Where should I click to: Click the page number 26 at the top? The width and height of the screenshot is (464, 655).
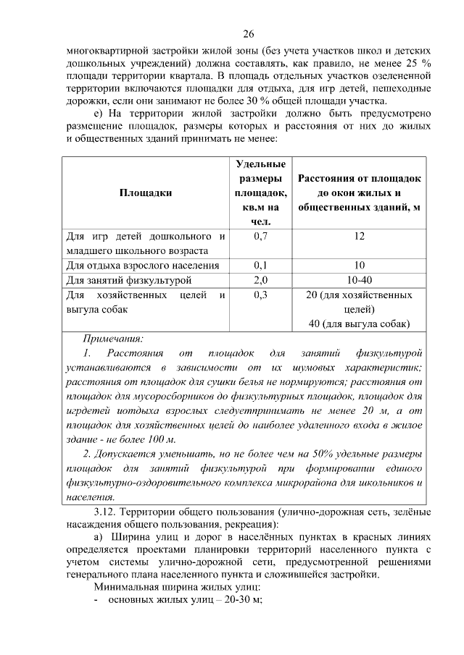pos(248,35)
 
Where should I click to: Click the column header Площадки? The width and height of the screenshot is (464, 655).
pos(146,193)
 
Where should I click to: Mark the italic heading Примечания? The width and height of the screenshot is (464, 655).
pos(112,338)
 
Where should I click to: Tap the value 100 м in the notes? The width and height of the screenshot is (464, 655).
pos(162,439)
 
